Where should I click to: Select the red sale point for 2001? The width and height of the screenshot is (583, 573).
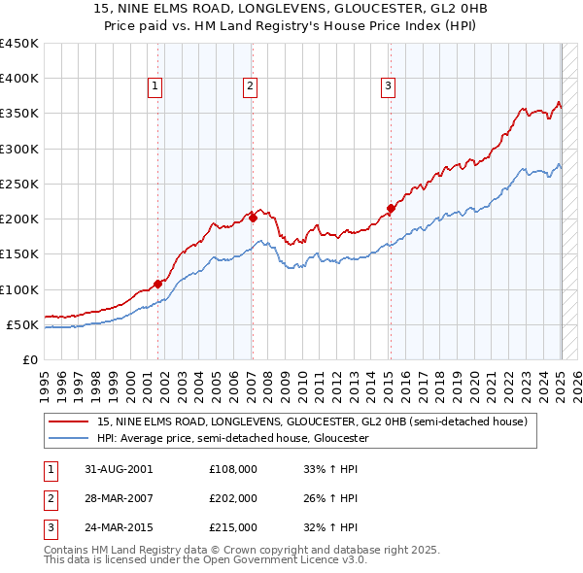[157, 285]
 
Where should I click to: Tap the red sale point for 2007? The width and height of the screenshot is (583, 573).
[253, 219]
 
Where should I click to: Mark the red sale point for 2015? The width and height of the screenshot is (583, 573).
[391, 208]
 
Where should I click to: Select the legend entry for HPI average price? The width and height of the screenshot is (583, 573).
[233, 438]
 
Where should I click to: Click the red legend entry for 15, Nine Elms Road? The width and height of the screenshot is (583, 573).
[311, 421]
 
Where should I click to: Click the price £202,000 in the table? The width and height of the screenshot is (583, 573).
[233, 498]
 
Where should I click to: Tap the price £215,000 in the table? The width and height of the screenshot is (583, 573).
[233, 528]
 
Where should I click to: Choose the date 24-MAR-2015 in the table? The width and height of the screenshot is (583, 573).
[119, 528]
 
